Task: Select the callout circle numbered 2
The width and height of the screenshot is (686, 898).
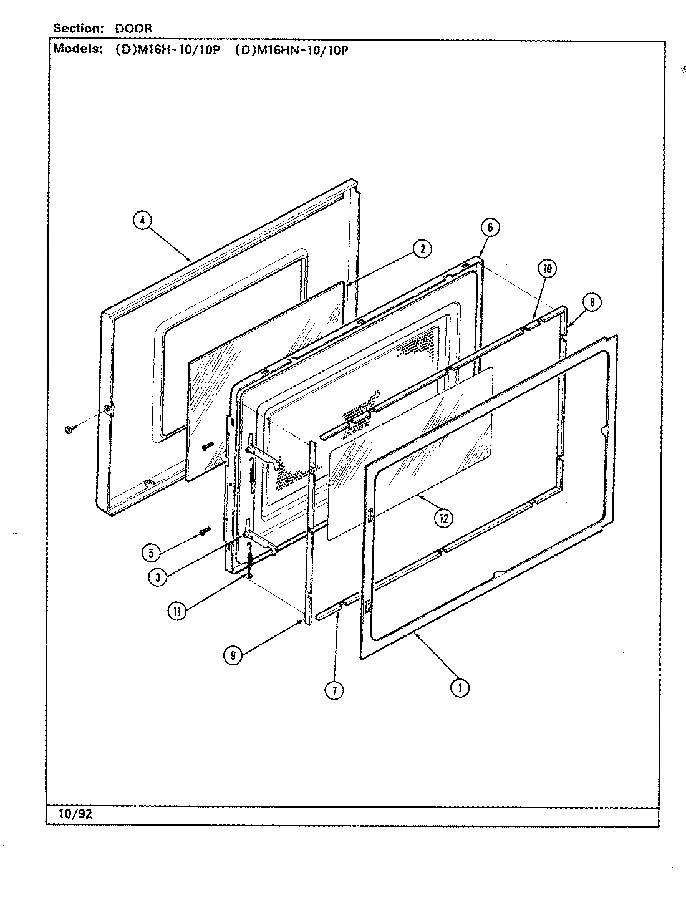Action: click(x=422, y=249)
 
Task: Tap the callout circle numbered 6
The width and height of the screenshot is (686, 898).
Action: click(x=490, y=228)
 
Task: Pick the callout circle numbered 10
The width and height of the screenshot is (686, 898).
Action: click(x=547, y=269)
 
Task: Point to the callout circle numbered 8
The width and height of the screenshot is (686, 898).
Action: click(x=591, y=302)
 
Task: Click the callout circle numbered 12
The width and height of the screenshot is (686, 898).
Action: click(x=443, y=518)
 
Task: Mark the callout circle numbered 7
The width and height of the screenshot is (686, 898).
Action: click(x=334, y=690)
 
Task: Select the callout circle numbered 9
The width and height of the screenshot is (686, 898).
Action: click(x=233, y=654)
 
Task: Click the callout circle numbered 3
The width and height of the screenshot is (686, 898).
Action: click(x=158, y=577)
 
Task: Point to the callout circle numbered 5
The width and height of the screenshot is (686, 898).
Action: click(x=150, y=552)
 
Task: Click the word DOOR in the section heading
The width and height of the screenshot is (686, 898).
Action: click(x=133, y=29)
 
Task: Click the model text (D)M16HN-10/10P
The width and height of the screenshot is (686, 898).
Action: click(x=291, y=51)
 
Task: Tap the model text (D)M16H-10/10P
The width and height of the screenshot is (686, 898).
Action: click(x=168, y=51)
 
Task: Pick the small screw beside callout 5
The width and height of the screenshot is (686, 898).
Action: click(x=203, y=531)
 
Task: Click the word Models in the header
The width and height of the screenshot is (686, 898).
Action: click(x=77, y=50)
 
